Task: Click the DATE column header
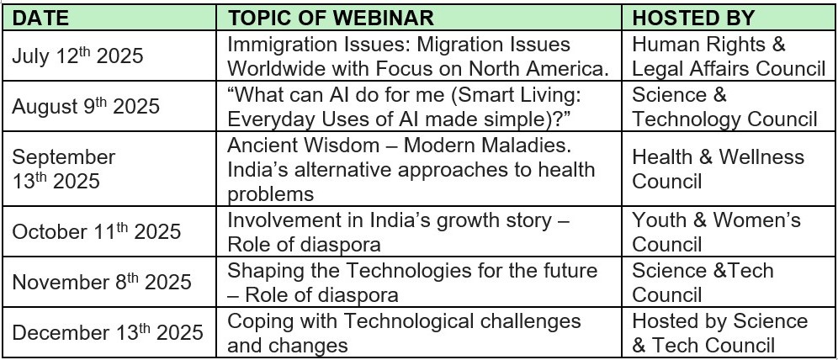point(40,19)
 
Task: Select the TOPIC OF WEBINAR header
point(331,19)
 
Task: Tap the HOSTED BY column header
point(693,19)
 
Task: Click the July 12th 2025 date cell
point(77,56)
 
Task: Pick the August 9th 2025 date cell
point(86,106)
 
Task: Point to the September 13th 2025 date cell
point(64,169)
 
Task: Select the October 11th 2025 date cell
point(96,231)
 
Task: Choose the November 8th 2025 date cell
point(102,282)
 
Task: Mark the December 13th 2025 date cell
point(108,331)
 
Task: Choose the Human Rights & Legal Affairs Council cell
point(729,56)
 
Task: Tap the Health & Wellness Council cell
point(719,169)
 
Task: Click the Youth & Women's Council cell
point(716,232)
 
